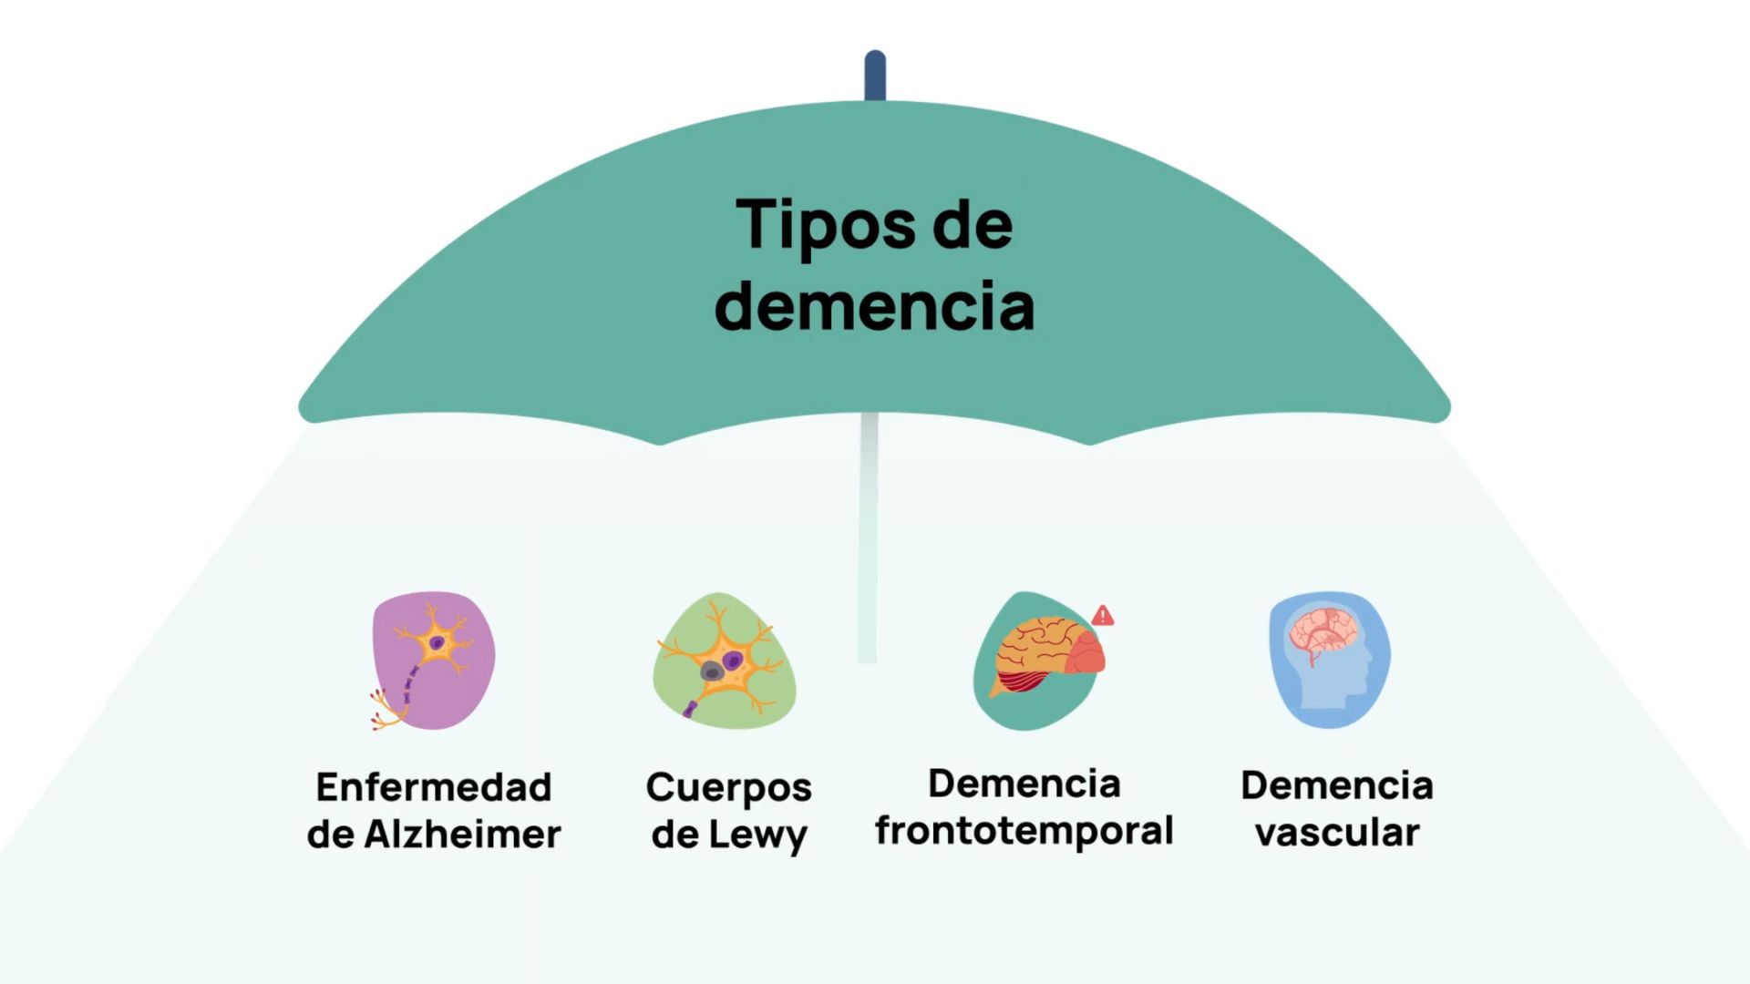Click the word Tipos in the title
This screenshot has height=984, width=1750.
[815, 225]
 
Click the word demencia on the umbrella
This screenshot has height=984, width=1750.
[874, 306]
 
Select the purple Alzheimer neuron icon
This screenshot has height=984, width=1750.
[433, 661]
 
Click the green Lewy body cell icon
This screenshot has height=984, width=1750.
[725, 661]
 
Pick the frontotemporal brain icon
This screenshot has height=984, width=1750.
[1039, 661]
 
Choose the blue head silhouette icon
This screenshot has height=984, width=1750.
[1330, 660]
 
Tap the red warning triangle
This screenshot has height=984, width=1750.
[1103, 617]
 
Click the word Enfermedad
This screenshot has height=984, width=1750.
[434, 787]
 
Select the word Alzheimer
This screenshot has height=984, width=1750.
[462, 835]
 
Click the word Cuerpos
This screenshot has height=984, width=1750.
[728, 787]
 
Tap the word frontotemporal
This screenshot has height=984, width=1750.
[1024, 831]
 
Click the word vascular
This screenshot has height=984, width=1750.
[1337, 833]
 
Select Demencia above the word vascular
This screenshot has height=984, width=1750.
[1337, 785]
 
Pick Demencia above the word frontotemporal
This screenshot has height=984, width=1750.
[1024, 784]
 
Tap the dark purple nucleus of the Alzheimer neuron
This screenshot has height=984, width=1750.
[437, 643]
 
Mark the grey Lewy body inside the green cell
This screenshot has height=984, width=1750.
[712, 672]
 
